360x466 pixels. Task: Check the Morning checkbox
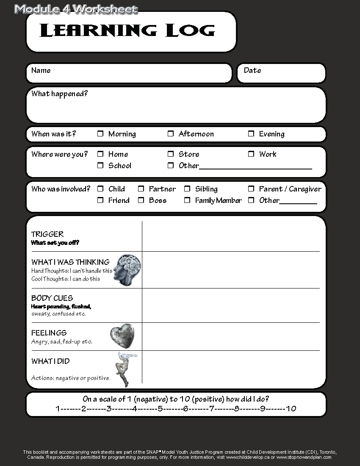point(100,134)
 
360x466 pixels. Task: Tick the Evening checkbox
point(251,134)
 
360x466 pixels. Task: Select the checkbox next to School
point(100,166)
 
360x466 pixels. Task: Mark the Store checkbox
point(171,154)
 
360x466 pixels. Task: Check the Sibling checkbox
point(187,189)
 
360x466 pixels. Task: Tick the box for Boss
point(141,200)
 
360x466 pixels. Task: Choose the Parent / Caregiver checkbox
point(251,189)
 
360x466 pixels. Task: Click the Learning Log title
point(127,31)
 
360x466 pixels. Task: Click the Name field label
point(41,70)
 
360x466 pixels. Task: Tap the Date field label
point(252,70)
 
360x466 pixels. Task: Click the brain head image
point(127,270)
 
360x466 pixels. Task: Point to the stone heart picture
point(122,336)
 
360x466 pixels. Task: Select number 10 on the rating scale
point(291,409)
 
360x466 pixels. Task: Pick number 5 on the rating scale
point(160,409)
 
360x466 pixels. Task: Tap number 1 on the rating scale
point(58,409)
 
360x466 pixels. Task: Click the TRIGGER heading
point(47,234)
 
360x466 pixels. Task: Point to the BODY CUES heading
point(52,298)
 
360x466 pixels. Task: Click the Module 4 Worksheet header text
point(76,9)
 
